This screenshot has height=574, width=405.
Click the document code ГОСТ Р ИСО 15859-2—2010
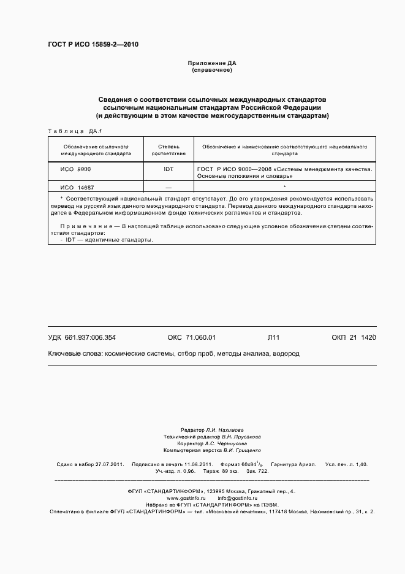click(x=93, y=45)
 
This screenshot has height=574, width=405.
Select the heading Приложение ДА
click(x=211, y=63)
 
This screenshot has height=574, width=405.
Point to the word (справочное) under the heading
click(x=211, y=71)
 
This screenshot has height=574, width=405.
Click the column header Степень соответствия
click(x=168, y=151)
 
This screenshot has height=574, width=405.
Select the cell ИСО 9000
click(x=75, y=168)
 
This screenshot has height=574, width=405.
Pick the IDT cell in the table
click(x=168, y=168)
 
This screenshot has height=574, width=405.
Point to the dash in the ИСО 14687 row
click(x=168, y=187)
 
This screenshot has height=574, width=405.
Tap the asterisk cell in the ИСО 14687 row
click(x=285, y=186)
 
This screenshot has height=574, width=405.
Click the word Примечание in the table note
click(x=87, y=227)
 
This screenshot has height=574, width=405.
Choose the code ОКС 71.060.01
click(x=192, y=337)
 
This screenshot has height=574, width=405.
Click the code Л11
click(x=273, y=337)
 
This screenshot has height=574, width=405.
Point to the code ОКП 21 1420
click(x=354, y=337)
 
